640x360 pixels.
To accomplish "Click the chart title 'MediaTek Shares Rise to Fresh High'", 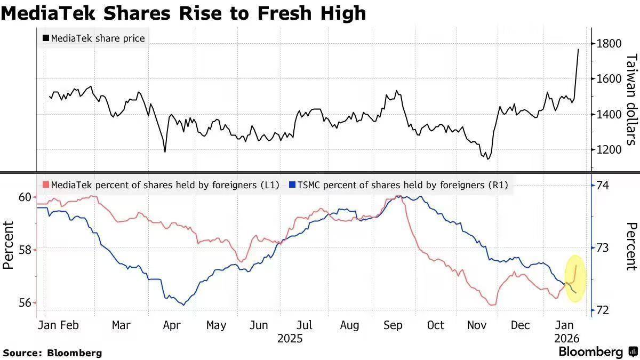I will click(183, 13).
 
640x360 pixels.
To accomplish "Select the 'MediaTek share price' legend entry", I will click(94, 38).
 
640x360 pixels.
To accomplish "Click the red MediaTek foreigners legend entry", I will click(161, 185).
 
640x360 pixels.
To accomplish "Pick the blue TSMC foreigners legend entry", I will click(398, 185).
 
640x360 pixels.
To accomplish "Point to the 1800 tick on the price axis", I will click(609, 43).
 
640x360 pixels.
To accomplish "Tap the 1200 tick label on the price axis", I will click(609, 150).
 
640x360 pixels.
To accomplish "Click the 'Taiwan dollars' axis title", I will click(631, 99).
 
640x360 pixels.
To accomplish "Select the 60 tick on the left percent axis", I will click(25, 197).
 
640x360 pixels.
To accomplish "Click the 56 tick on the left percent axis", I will click(25, 302).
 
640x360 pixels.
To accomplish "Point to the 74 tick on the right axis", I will click(603, 186).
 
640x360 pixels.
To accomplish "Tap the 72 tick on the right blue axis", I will click(603, 310).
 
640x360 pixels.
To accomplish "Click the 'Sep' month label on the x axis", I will click(393, 325).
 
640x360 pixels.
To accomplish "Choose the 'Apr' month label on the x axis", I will click(172, 325).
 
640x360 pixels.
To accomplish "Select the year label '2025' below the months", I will click(290, 339).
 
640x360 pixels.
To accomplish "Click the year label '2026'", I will click(566, 339).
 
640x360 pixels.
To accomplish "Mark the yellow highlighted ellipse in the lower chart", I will click(575, 278).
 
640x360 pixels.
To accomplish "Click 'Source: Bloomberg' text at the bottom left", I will click(52, 353).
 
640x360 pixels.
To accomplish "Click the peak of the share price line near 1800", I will click(579, 50).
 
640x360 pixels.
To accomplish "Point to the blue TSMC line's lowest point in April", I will click(184, 305).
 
